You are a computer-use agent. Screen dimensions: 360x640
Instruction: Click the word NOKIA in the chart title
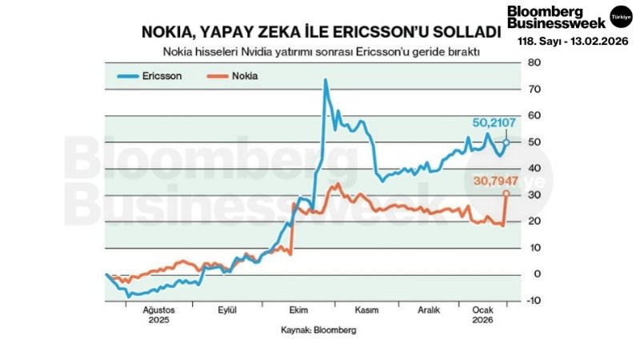point(170,33)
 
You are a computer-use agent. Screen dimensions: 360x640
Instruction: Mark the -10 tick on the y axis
point(533,300)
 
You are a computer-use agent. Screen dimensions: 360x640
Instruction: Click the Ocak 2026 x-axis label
point(482,314)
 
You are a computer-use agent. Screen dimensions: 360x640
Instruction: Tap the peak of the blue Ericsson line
point(326,80)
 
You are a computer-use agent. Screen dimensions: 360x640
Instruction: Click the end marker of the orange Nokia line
point(506,194)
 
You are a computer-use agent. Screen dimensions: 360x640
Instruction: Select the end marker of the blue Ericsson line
point(506,142)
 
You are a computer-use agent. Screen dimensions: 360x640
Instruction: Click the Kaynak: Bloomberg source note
point(318,329)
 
